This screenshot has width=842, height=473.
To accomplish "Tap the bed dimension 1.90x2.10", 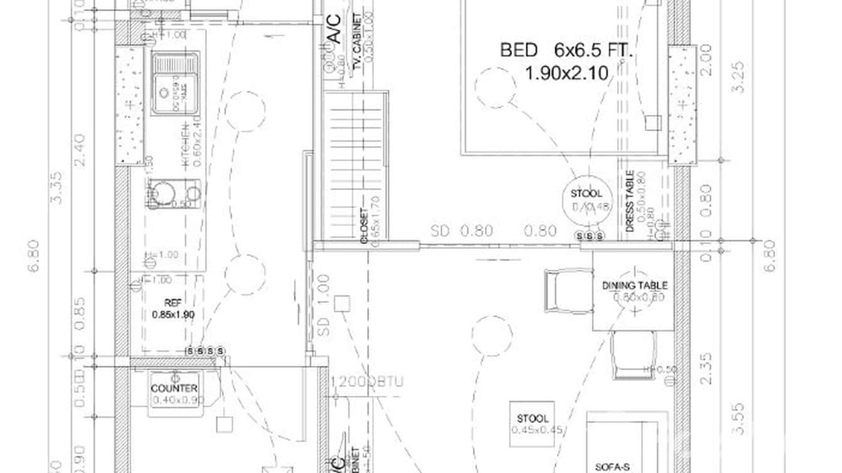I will pyautogui.click(x=566, y=73).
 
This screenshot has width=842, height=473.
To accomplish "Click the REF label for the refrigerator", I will pyautogui.click(x=173, y=302).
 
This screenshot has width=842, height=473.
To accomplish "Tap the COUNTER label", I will pyautogui.click(x=174, y=388).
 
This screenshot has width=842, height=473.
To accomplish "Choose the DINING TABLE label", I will pyautogui.click(x=634, y=285).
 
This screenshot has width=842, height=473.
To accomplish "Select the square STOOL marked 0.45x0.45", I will pyautogui.click(x=532, y=423).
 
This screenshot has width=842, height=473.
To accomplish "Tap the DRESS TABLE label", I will pyautogui.click(x=630, y=201).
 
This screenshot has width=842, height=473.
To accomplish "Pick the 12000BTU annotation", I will pyautogui.click(x=367, y=381).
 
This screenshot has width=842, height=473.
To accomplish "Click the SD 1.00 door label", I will pyautogui.click(x=324, y=303).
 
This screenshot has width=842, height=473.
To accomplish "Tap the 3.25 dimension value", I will pyautogui.click(x=739, y=77).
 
